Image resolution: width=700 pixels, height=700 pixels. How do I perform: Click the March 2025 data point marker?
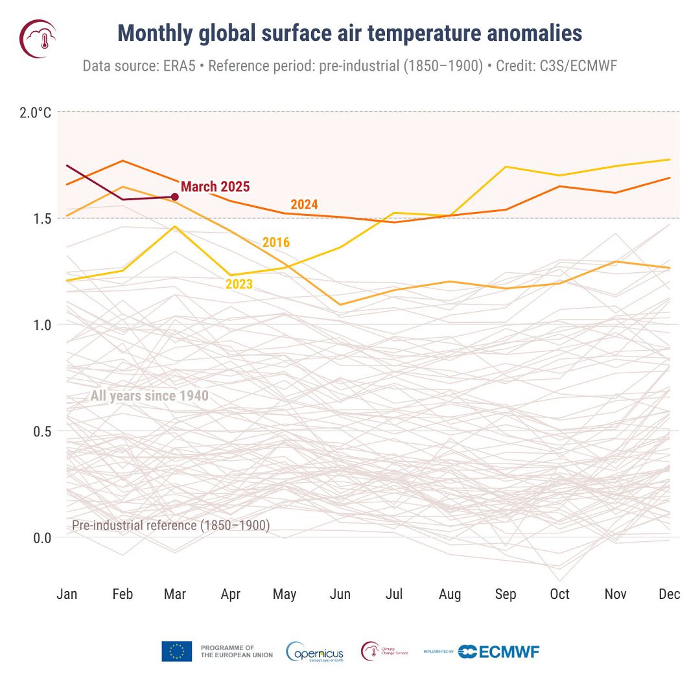point(174,197)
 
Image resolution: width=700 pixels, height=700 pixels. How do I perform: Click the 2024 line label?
point(304,204)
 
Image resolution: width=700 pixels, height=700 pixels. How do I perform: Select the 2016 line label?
point(275,242)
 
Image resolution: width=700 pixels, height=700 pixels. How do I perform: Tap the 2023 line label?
point(239,284)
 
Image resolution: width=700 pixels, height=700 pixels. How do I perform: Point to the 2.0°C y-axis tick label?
point(35,113)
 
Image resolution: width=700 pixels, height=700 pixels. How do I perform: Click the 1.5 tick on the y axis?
point(40,218)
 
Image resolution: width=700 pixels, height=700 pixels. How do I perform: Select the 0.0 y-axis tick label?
point(40,538)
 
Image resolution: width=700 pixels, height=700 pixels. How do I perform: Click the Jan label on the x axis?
point(67,594)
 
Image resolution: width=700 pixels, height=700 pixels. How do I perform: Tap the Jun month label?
point(340,594)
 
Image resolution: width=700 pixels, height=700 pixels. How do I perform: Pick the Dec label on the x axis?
point(669,594)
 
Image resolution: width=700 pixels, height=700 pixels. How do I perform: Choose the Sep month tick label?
point(505,594)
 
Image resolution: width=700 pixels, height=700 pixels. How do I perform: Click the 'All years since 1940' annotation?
point(149,395)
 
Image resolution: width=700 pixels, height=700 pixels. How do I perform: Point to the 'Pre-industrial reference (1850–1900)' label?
point(170,525)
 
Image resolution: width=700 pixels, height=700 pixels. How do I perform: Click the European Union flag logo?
point(177,651)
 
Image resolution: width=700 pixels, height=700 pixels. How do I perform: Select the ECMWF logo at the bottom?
point(498,651)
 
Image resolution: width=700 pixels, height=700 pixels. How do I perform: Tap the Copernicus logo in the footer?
point(315,651)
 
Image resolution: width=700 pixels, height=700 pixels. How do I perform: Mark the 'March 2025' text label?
point(215,187)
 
